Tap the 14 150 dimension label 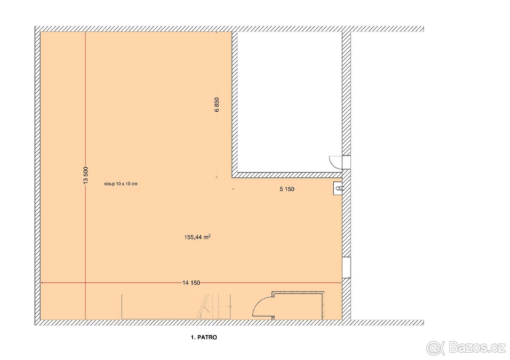click(x=191, y=283)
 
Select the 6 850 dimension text click(x=217, y=105)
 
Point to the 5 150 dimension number click(x=287, y=190)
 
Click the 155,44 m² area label click(x=196, y=238)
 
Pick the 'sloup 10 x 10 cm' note click(x=121, y=184)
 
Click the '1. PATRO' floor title click(x=204, y=338)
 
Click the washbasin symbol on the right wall click(x=338, y=188)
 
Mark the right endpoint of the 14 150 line click(x=341, y=283)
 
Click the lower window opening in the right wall click(x=346, y=267)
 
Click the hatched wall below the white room click(x=289, y=174)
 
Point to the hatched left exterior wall click(x=37, y=174)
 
